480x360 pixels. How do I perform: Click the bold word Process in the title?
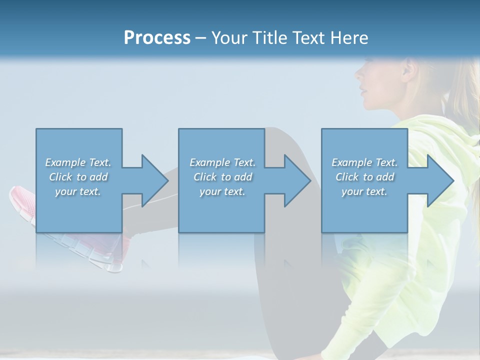coord(157,37)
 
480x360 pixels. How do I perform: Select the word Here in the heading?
coord(350,37)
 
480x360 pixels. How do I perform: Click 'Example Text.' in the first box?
coord(78,162)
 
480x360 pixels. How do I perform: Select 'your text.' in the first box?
coord(78,191)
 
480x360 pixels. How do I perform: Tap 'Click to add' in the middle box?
coord(222,176)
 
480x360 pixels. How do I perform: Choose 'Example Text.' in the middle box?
coord(222,162)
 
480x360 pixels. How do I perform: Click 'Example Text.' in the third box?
coord(364,162)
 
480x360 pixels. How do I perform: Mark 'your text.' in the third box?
coord(364,191)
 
